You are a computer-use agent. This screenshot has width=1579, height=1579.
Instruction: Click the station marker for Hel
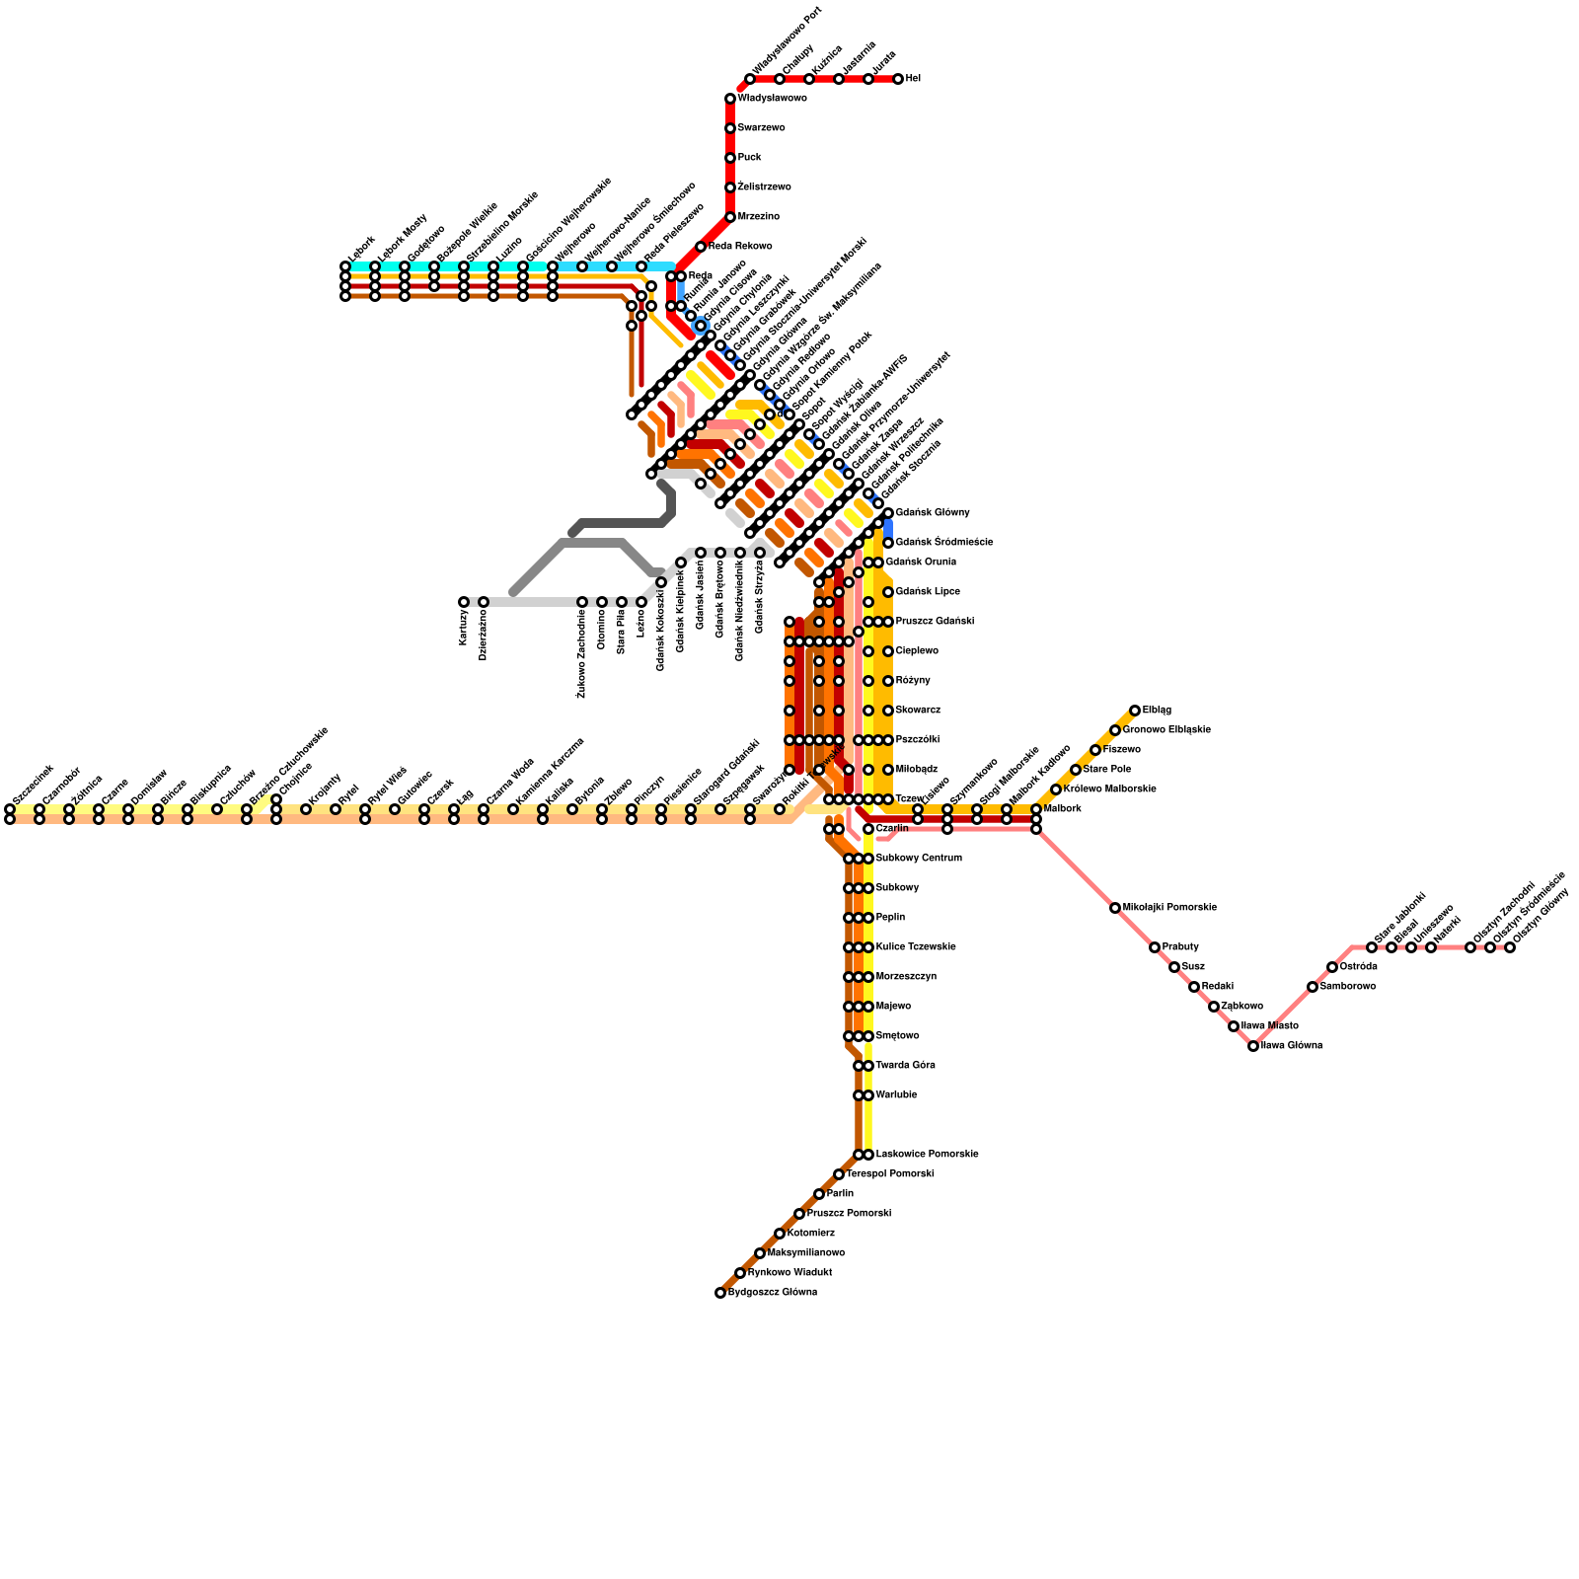(x=898, y=79)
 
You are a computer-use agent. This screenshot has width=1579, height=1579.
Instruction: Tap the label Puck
(x=750, y=158)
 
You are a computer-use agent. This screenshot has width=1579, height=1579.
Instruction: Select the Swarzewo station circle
(x=730, y=128)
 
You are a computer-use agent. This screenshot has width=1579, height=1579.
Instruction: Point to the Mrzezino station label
(x=759, y=217)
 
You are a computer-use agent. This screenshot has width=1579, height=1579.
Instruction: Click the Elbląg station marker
(x=1135, y=711)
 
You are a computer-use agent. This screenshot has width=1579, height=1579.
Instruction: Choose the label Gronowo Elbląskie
(x=1166, y=730)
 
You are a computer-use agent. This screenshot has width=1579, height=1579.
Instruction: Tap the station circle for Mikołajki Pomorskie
(x=1115, y=908)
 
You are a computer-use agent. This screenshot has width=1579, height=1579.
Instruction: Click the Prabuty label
(x=1180, y=947)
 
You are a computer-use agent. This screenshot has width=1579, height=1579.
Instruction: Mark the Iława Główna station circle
(x=1253, y=1046)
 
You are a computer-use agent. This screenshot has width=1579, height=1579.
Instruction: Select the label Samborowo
(x=1348, y=987)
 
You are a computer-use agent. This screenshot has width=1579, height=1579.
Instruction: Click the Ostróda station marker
(x=1332, y=967)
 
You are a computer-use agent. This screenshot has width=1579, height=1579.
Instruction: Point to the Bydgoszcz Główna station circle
(x=720, y=1293)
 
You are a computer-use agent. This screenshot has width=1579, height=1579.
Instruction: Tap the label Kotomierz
(x=811, y=1234)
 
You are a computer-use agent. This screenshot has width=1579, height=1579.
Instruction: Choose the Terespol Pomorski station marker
(x=839, y=1174)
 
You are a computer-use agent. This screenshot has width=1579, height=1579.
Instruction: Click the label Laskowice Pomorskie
(x=928, y=1155)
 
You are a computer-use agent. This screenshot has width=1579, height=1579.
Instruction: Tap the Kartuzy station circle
(x=464, y=602)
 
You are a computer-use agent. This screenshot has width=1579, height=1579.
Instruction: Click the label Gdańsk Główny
(x=933, y=513)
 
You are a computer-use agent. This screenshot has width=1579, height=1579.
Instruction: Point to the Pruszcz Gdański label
(x=935, y=622)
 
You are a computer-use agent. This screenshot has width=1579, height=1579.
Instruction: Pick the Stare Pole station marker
(x=1076, y=770)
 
